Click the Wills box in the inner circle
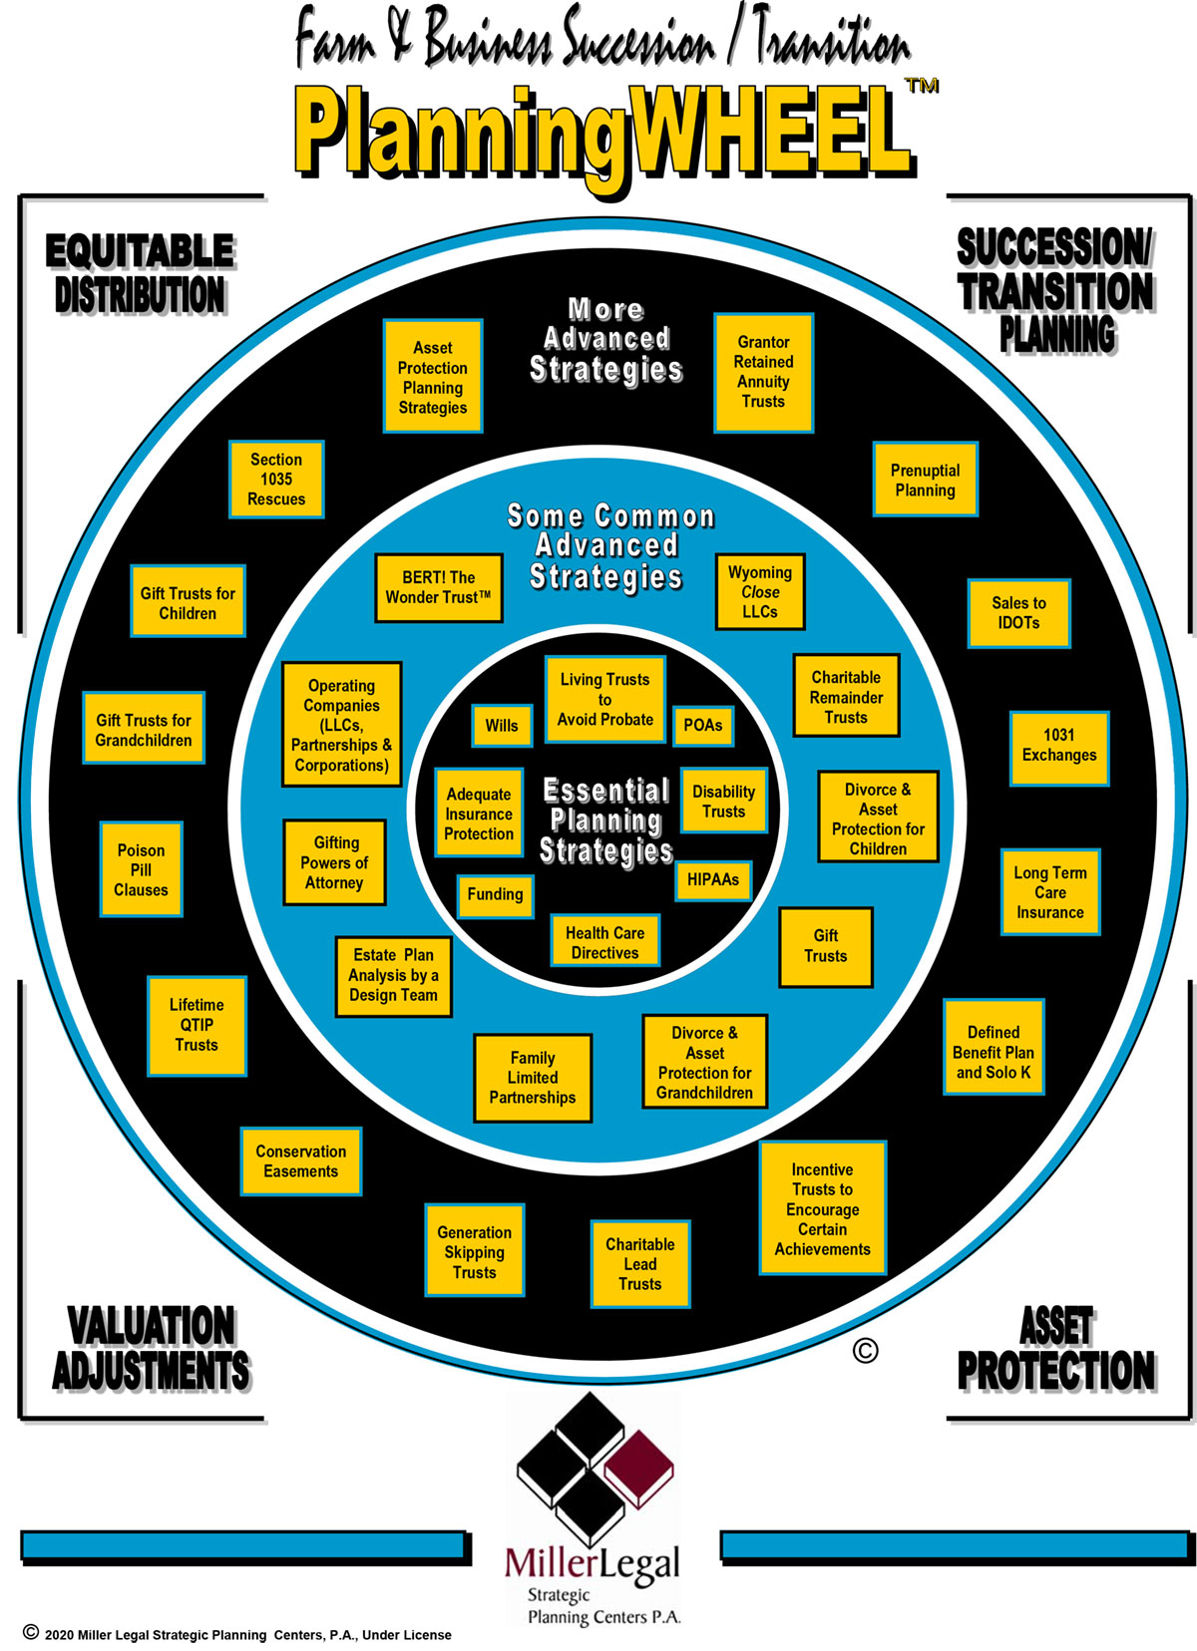click(x=501, y=726)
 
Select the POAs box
click(x=703, y=726)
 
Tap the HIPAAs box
click(x=713, y=879)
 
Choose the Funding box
click(x=495, y=894)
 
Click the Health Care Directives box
click(x=604, y=942)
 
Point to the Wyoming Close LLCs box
click(x=760, y=592)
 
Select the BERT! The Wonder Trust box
click(x=438, y=587)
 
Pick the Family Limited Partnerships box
click(x=533, y=1078)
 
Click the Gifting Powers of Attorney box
click(x=334, y=862)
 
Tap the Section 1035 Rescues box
click(x=276, y=480)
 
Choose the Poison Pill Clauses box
click(x=141, y=869)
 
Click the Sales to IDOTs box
click(x=1018, y=613)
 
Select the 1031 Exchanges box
click(x=1058, y=746)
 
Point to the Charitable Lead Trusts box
click(x=639, y=1264)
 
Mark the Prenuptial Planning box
click(x=925, y=480)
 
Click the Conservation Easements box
click(x=300, y=1161)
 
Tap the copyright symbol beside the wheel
click(x=866, y=1351)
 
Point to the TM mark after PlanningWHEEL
click(x=922, y=86)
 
